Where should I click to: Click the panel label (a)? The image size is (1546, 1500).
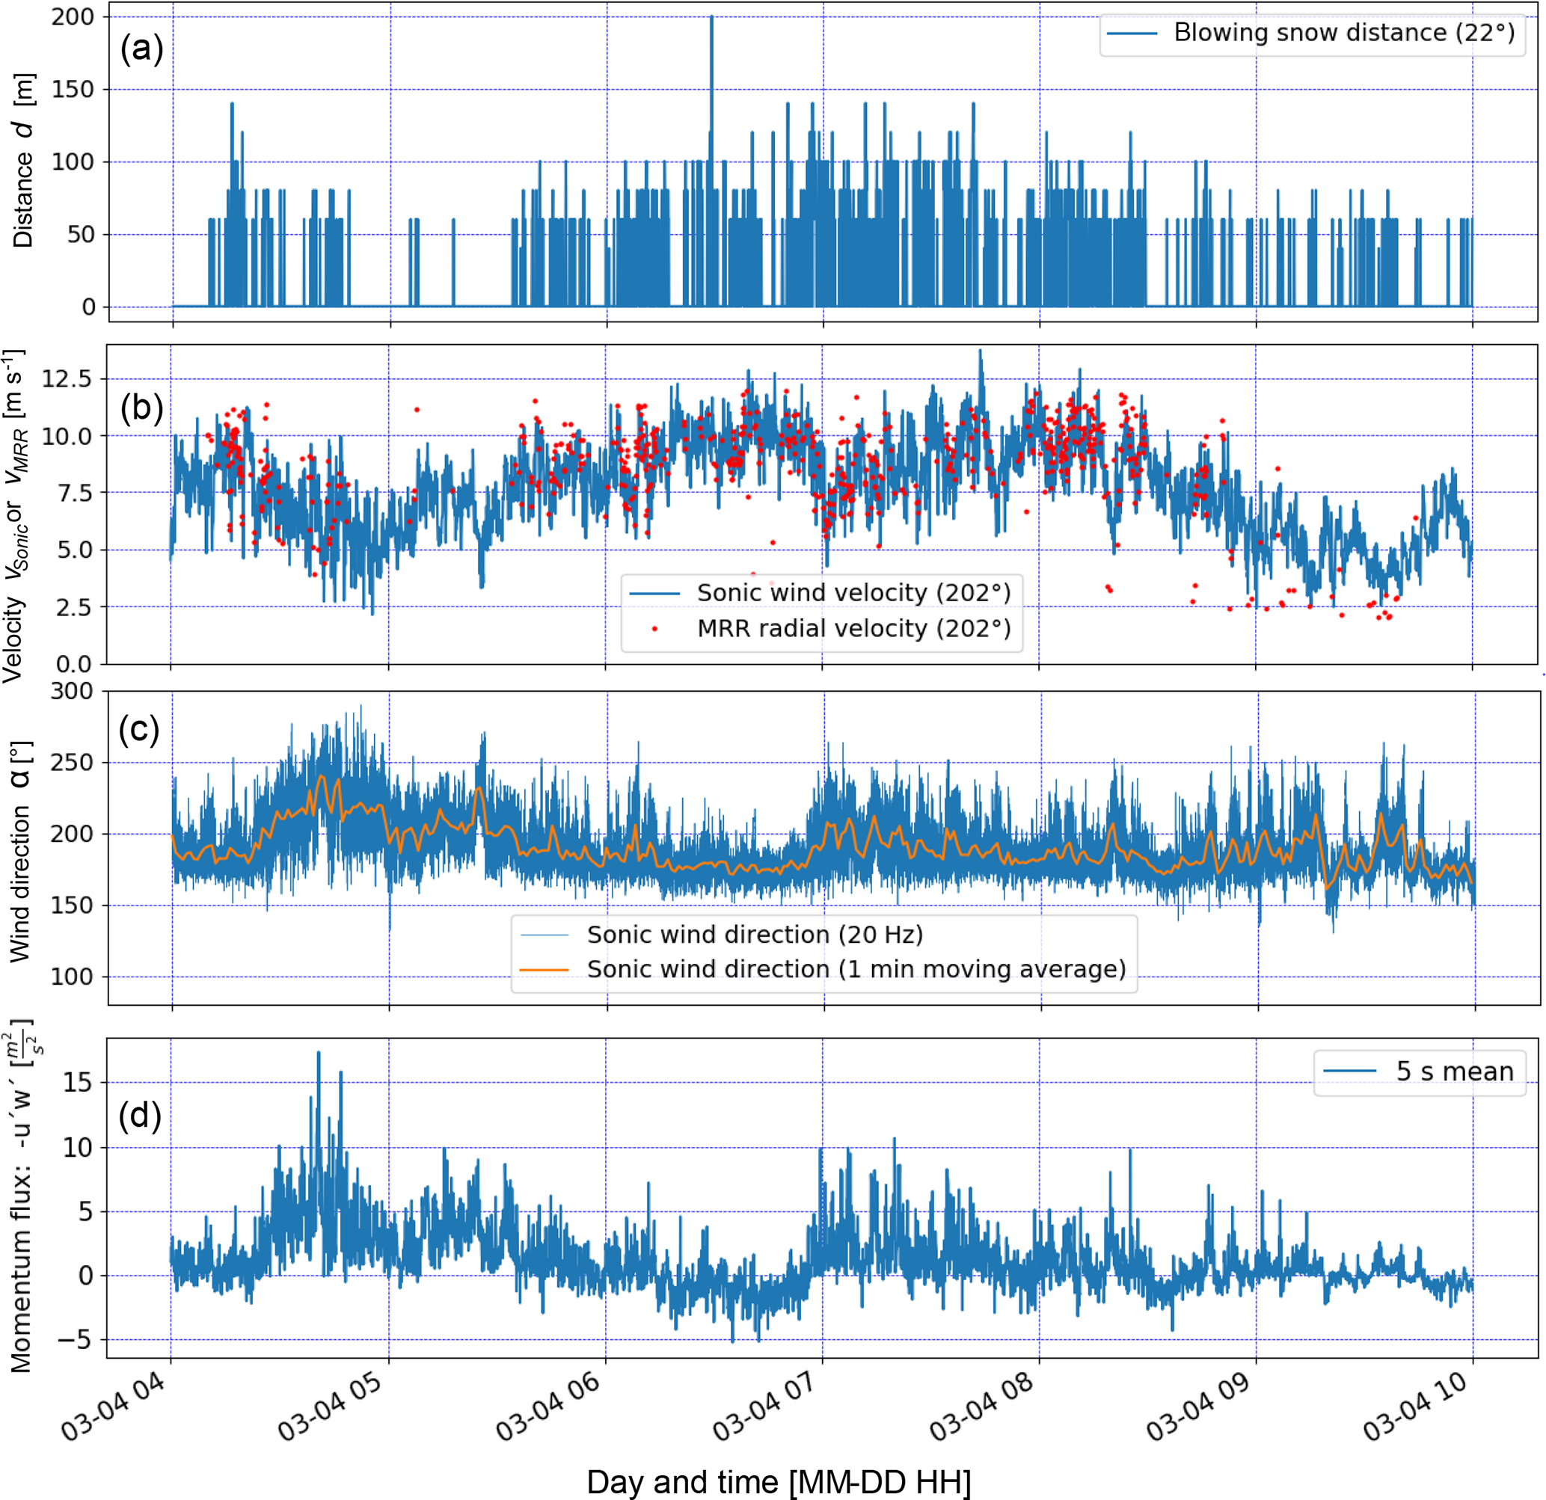[142, 49]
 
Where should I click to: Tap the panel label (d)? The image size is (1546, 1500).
[140, 1115]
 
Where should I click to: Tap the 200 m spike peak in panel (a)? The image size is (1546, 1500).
[711, 17]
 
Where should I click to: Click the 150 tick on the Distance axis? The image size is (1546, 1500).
[73, 89]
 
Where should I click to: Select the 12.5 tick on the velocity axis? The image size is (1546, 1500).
[67, 378]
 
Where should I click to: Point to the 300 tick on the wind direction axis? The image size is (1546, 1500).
[72, 691]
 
